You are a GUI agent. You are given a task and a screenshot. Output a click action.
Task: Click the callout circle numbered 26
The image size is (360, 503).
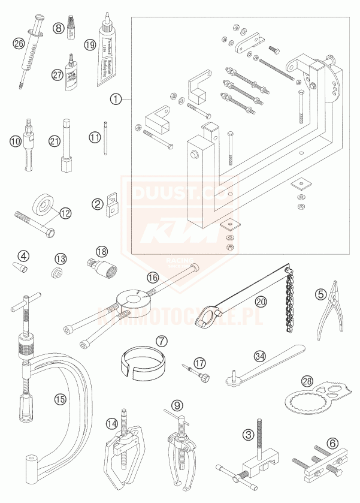pyautogui.click(x=19, y=43)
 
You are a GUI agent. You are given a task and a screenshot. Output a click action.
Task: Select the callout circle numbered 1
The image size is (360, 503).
pyautogui.click(x=116, y=97)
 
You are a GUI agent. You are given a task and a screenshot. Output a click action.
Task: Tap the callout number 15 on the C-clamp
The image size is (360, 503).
pyautogui.click(x=58, y=398)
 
